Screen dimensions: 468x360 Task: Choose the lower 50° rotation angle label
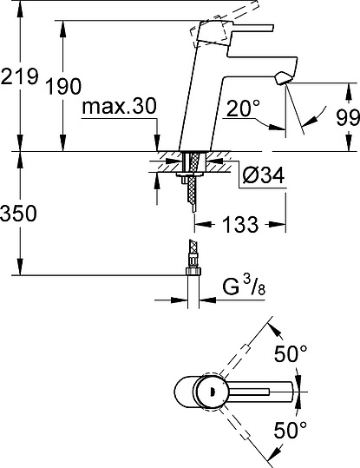tap(291, 429)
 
